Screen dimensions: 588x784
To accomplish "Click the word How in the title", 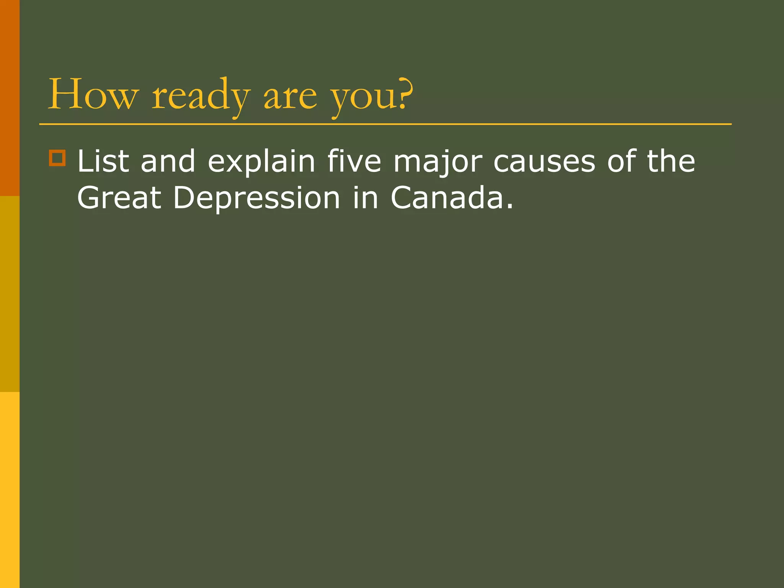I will pos(92,94).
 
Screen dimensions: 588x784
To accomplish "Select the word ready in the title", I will pos(201,96).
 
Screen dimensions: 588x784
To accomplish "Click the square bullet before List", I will pos(57,158).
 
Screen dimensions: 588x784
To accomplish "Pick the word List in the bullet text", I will pos(103,161).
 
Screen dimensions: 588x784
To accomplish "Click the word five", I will pos(354,161).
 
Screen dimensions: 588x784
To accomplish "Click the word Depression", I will pos(256,198).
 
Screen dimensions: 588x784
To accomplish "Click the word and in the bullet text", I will pos(168,161).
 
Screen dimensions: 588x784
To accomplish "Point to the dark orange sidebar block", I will pos(10,98).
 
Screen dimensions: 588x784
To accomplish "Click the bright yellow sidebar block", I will pos(10,490).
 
